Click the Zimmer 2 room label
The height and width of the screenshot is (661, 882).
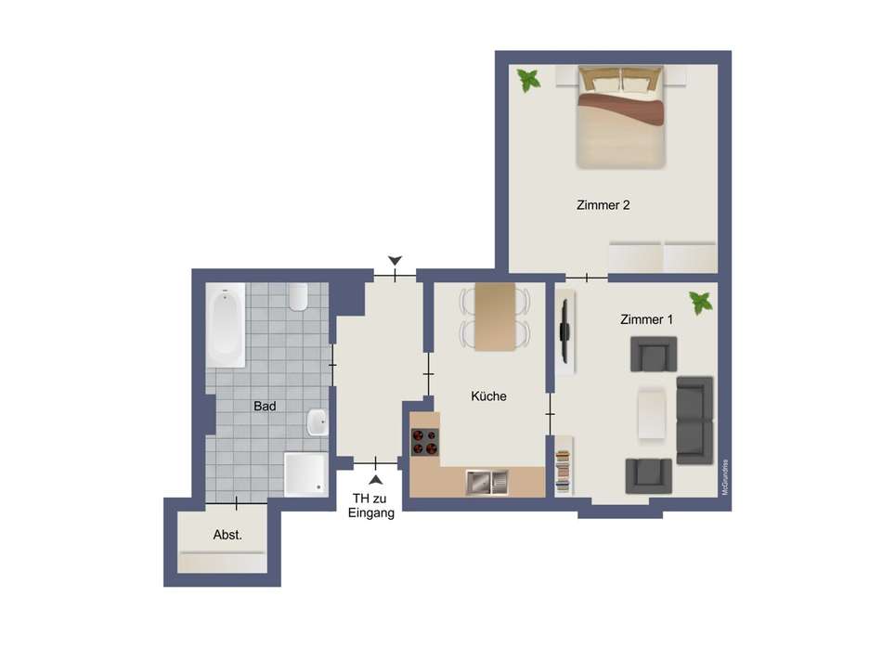[x=603, y=205]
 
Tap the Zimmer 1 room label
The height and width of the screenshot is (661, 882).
[x=646, y=319]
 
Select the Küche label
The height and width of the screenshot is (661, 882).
[x=488, y=396]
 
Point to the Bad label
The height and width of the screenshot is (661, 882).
[x=265, y=406]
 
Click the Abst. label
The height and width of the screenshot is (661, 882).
[x=227, y=535]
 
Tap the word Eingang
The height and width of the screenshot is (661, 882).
[x=371, y=512]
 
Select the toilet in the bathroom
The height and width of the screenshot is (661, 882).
[x=298, y=297]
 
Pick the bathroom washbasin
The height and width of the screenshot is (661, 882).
[x=318, y=423]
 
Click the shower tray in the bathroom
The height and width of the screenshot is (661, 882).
[x=305, y=474]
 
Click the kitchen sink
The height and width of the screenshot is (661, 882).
[x=488, y=482]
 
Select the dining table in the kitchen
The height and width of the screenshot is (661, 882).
[x=495, y=317]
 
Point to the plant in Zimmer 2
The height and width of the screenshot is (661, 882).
[x=529, y=80]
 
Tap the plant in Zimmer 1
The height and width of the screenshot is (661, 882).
[x=701, y=302]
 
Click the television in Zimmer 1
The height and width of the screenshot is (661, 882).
[x=564, y=330]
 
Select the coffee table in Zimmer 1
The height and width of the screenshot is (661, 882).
[x=652, y=413]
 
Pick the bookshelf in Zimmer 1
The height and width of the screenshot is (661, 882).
[x=564, y=470]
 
